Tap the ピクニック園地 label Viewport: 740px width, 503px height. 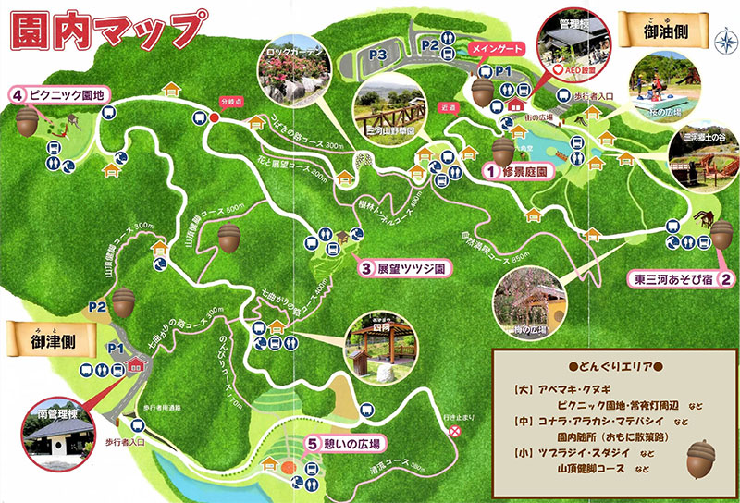tap(60, 93)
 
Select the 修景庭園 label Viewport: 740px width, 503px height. tap(520, 172)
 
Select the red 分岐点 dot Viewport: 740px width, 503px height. tap(215, 117)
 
